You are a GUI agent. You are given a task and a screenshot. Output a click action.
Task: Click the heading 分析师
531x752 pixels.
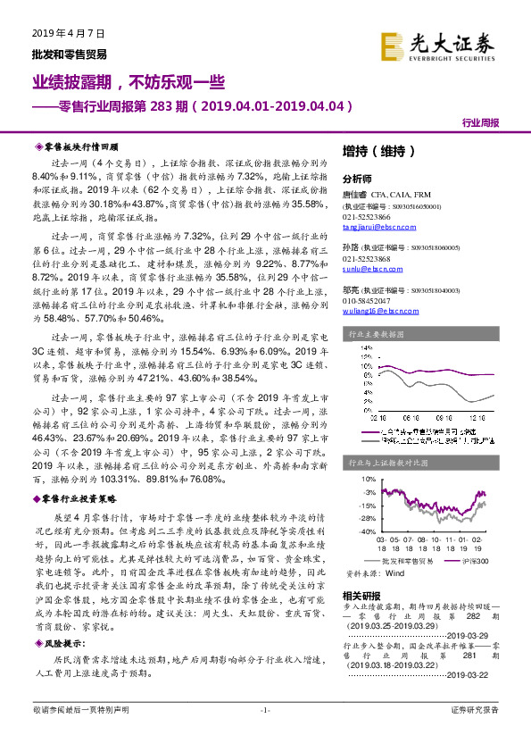[x=356, y=179]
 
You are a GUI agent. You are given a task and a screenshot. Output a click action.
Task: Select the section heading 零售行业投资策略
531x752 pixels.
[x=80, y=499]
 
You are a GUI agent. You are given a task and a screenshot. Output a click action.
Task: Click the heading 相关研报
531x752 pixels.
[x=360, y=594]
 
